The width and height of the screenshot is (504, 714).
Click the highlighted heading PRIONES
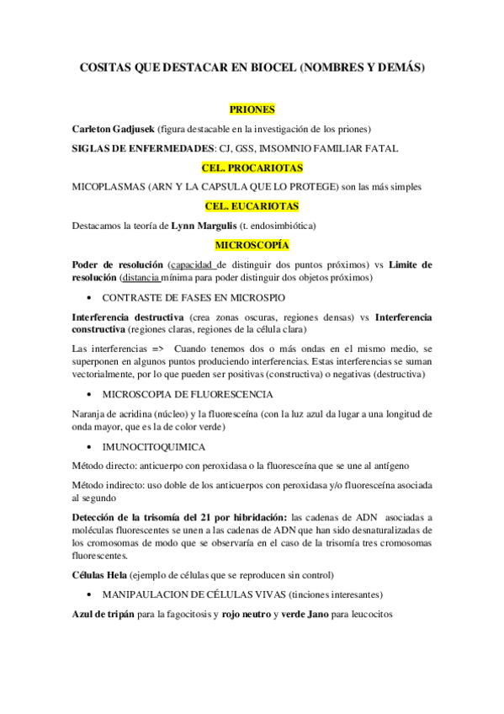coord(252,109)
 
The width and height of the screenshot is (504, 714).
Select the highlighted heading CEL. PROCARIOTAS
coord(252,167)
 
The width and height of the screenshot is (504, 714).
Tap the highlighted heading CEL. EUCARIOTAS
coord(252,205)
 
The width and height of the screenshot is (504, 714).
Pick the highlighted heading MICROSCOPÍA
coord(252,245)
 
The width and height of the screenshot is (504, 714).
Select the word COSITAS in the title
coord(107,68)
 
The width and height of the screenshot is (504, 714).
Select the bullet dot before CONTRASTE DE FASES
coord(90,298)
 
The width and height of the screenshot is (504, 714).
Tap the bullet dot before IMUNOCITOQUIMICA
coord(90,447)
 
